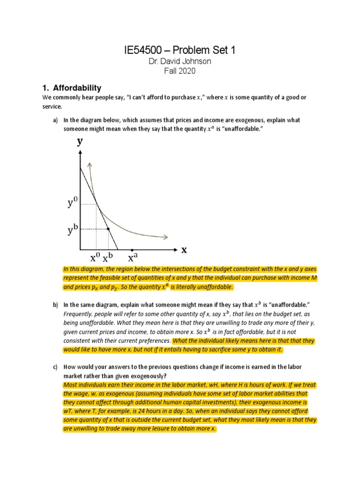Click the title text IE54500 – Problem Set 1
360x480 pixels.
(x=180, y=51)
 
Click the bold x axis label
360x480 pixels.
(x=184, y=250)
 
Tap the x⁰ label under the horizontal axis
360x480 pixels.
(x=95, y=258)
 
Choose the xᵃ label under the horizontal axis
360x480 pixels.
(x=133, y=258)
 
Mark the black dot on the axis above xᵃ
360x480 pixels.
(x=132, y=250)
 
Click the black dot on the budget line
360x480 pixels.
(x=108, y=229)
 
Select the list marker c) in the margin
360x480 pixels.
(x=55, y=367)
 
